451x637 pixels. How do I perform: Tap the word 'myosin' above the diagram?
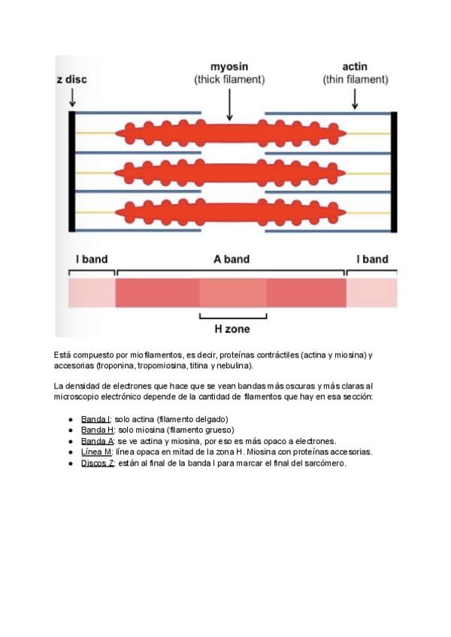pos(229,67)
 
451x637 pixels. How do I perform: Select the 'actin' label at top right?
pos(355,67)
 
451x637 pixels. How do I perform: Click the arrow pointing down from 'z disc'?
pos(72,97)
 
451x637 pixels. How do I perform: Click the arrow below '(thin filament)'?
pos(355,97)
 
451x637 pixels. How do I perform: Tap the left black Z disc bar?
pos(72,171)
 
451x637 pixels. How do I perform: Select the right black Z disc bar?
pos(394,171)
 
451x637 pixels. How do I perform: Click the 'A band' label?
pos(231,259)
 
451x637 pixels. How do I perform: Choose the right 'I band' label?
pos(372,259)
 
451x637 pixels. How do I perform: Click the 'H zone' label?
pos(233,329)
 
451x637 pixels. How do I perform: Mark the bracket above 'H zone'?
pos(233,316)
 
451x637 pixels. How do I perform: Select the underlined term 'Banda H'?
pos(96,430)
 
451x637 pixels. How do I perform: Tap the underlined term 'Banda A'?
pos(96,441)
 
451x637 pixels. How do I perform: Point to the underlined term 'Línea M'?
pos(96,452)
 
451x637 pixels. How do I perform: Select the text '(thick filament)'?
pos(229,79)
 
